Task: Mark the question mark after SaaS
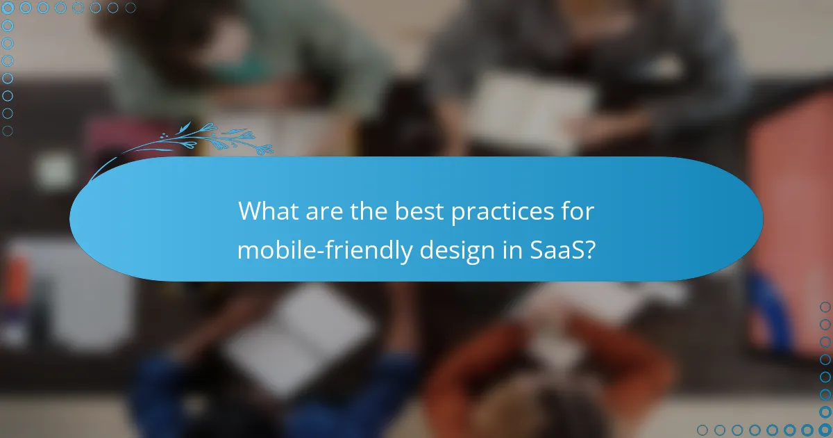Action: (x=589, y=249)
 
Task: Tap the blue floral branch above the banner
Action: (x=201, y=139)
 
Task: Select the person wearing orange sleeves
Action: (x=548, y=368)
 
